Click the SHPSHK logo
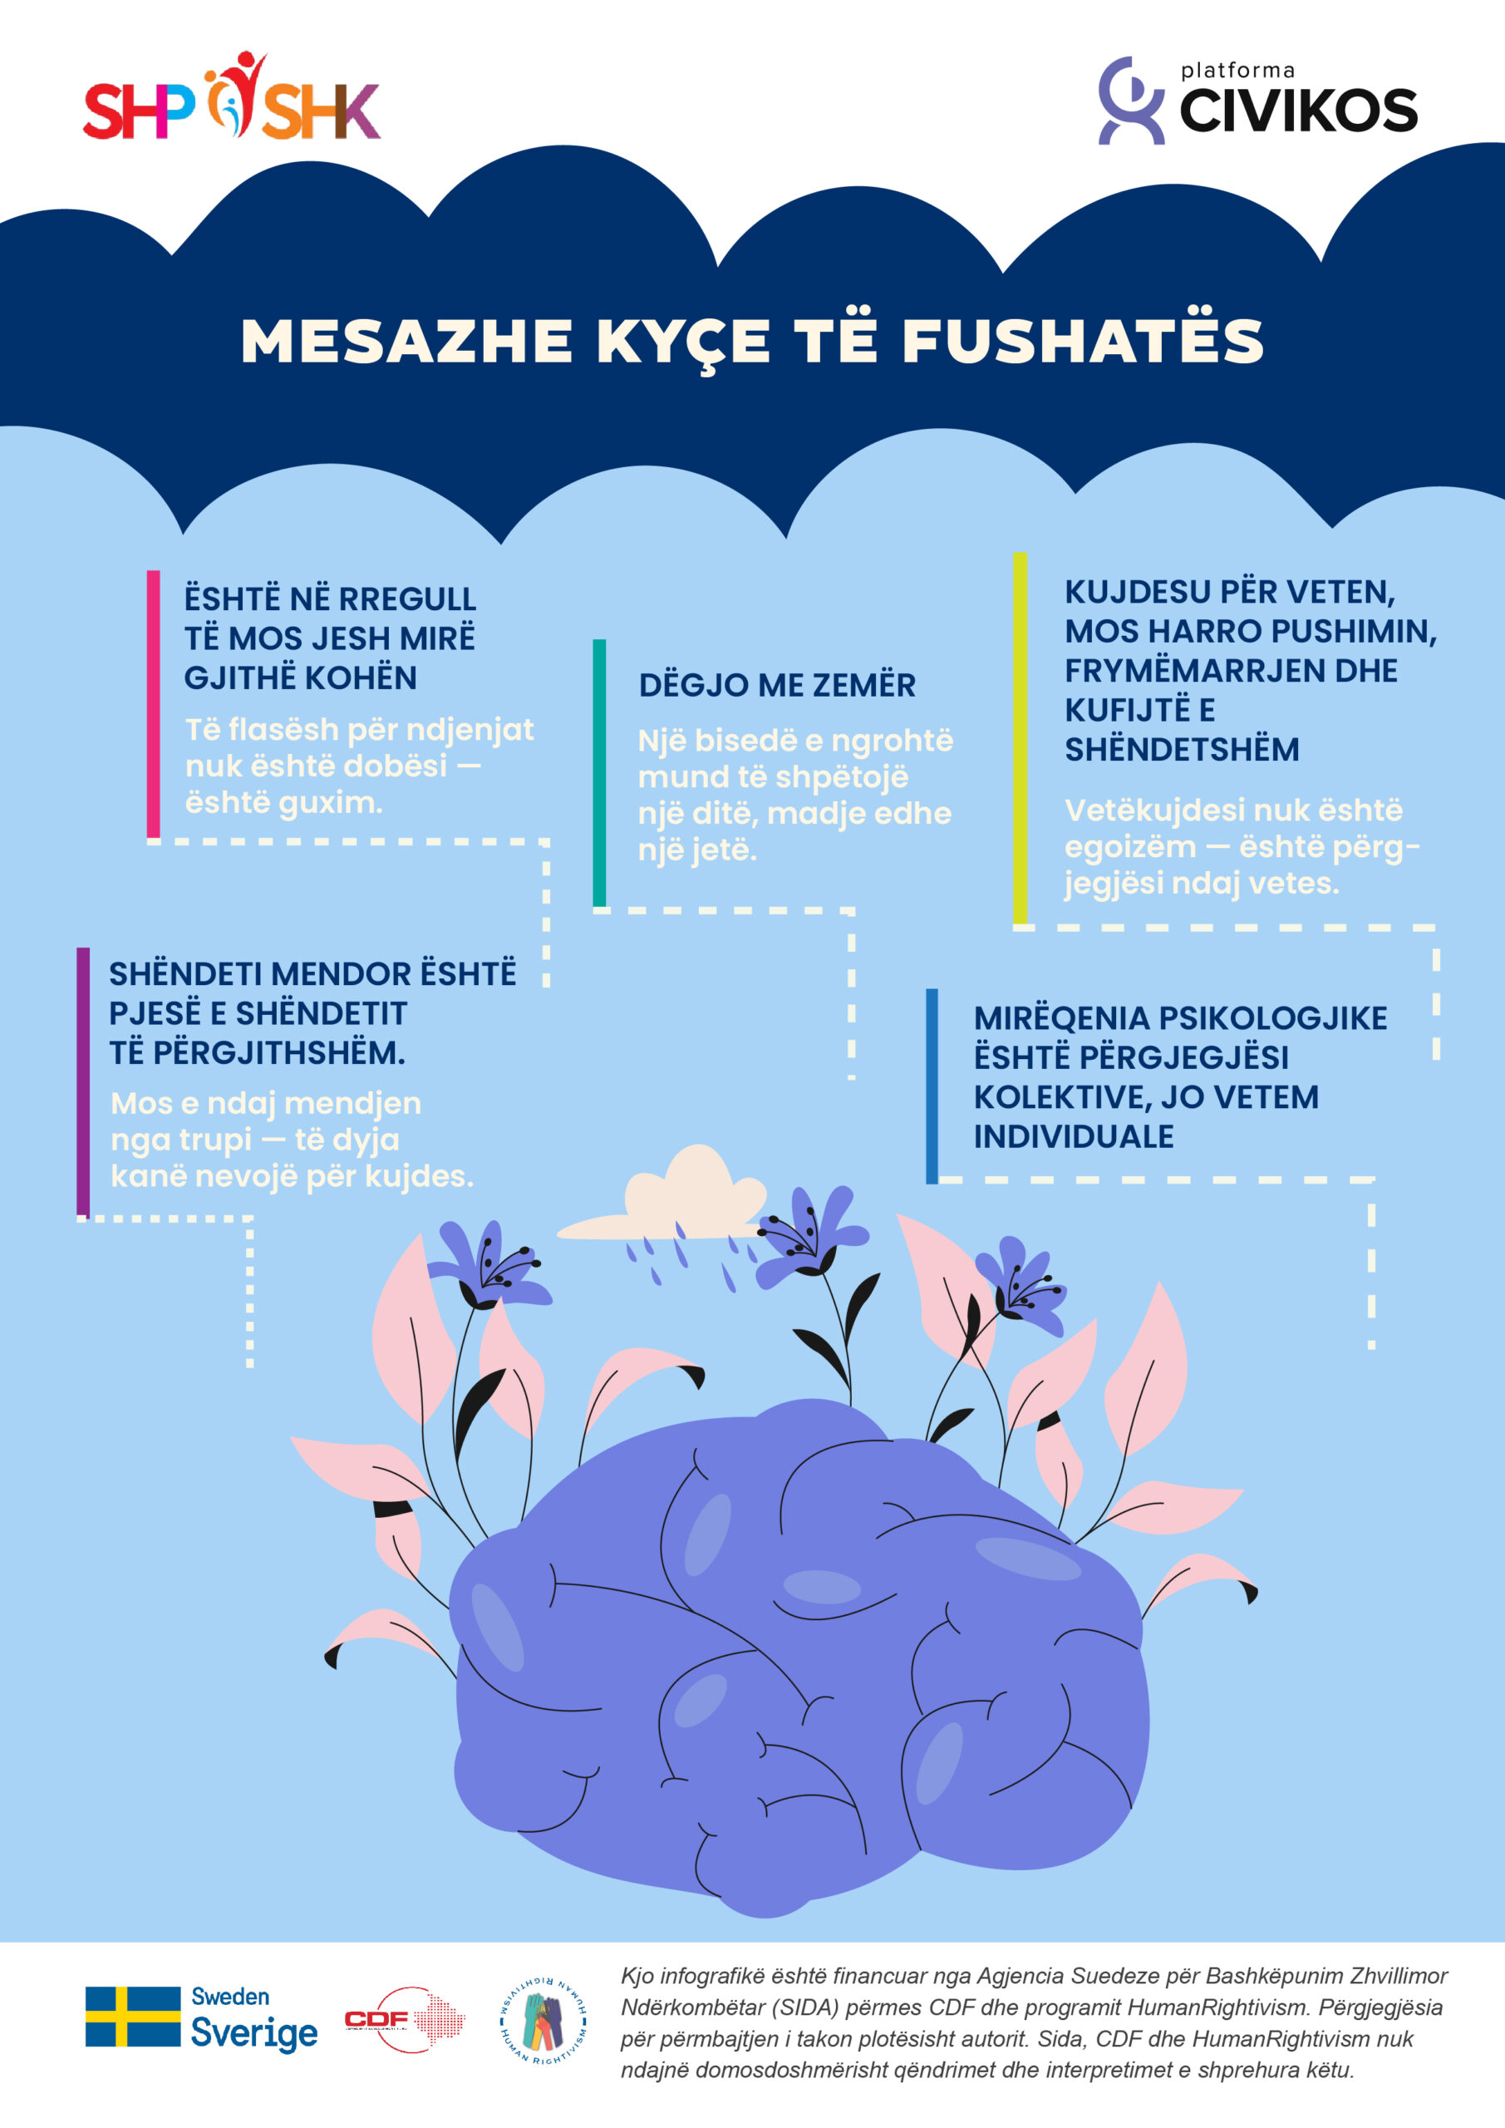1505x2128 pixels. click(x=232, y=98)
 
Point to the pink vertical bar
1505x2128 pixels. click(x=154, y=703)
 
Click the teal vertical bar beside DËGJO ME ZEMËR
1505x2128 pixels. click(x=600, y=772)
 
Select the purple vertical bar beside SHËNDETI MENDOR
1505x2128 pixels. click(x=83, y=1080)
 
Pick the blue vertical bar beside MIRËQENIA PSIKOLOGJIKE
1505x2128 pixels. click(x=932, y=1086)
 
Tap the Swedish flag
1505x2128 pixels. click(x=132, y=2016)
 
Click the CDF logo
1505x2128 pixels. click(x=404, y=2018)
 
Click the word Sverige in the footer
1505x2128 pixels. click(x=254, y=2033)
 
